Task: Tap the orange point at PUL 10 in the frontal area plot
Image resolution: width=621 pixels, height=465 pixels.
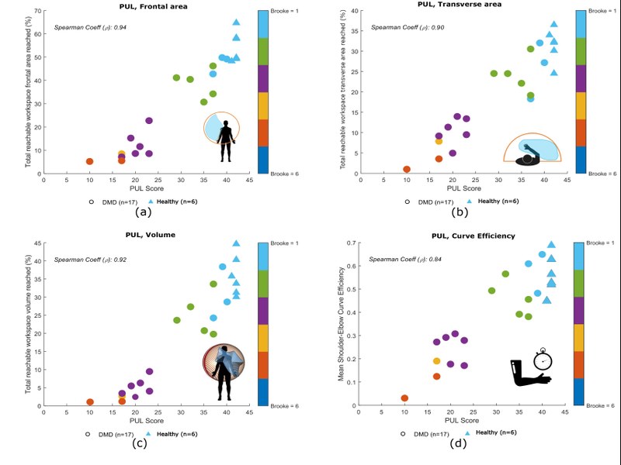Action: click(x=89, y=161)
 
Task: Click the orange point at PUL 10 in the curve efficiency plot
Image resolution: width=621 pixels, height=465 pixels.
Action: click(x=404, y=398)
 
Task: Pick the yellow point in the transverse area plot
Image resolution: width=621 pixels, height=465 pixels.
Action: click(x=439, y=142)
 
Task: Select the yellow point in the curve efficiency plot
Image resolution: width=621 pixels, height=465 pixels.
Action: click(x=436, y=361)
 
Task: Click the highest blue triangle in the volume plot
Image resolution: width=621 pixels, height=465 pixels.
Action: click(x=236, y=243)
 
